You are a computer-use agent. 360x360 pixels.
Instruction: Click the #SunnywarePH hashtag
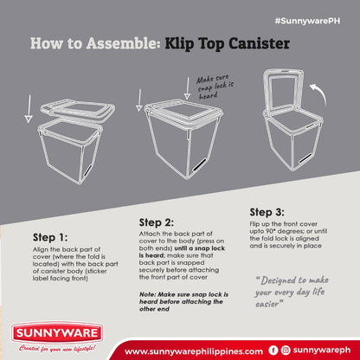point(307,21)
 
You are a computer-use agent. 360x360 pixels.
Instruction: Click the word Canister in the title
point(259,44)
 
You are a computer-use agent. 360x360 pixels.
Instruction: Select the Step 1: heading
point(50,237)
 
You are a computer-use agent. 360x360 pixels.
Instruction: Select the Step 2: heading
point(157,222)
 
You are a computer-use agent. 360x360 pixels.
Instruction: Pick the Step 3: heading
point(267,212)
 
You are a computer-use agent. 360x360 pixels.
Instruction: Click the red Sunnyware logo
point(57,333)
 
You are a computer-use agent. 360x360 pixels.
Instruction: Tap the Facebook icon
point(273,350)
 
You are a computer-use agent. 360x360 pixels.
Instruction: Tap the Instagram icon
point(286,350)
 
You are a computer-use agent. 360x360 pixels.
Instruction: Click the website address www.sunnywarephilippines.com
point(194,351)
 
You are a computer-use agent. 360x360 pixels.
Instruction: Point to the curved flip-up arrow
point(319,93)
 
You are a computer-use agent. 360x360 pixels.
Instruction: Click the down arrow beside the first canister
point(29,108)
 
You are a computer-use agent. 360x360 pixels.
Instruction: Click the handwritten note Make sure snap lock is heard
point(215,87)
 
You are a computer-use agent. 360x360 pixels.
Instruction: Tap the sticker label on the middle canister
point(200,164)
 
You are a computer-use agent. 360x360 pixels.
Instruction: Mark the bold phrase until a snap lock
point(200,248)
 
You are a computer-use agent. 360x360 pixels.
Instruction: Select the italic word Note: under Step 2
point(147,294)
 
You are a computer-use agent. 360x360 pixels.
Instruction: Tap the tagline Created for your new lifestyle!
point(57,349)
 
